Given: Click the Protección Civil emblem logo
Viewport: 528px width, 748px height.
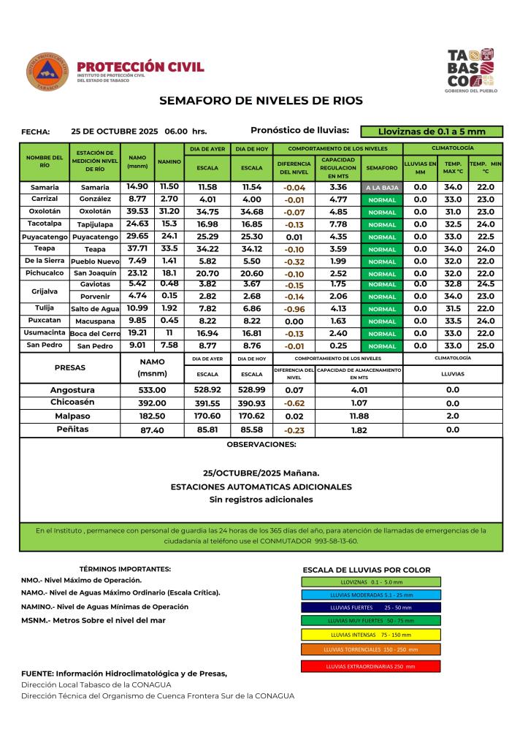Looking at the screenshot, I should point(47,72).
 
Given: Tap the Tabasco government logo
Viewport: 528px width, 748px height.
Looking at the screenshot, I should point(471,70).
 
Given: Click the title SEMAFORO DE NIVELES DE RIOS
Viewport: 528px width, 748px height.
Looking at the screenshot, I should point(261,100).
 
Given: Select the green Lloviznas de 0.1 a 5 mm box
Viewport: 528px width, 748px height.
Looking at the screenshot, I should point(432,132).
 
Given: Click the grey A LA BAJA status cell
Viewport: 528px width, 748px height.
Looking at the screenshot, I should point(382,188).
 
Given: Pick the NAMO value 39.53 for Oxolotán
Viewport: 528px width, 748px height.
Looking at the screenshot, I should point(137,212).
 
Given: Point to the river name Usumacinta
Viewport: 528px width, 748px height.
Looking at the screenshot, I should point(45,333).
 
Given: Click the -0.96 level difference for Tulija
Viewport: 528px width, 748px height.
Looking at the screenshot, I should point(294,309).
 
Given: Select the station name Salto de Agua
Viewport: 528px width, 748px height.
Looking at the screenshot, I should point(94,309).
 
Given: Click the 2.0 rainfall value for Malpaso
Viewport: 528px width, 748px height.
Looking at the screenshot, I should point(453,416).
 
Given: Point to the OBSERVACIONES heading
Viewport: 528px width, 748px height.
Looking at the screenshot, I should point(261,444).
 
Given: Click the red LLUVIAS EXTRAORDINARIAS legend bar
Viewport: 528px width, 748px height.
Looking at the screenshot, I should point(370,666).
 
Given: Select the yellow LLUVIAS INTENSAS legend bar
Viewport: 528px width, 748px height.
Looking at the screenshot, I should point(370,634).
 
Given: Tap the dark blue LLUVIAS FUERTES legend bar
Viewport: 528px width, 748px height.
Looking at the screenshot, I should point(370,607).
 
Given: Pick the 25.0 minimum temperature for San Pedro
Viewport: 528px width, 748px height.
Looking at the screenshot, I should point(486,346).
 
